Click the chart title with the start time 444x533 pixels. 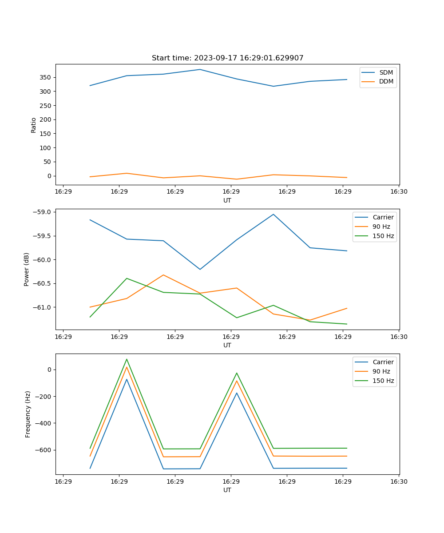[227, 58]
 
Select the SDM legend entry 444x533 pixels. [386, 72]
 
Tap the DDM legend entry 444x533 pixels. [386, 82]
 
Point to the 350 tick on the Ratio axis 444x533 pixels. [46, 77]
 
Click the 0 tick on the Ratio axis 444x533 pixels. [49, 176]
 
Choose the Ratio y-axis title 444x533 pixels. [34, 125]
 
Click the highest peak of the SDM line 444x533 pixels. [200, 69]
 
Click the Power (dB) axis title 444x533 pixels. [27, 269]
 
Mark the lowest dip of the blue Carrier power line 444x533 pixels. [200, 269]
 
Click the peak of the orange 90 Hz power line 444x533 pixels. [163, 275]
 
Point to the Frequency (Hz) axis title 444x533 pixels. [28, 414]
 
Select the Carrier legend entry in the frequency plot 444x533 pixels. [383, 362]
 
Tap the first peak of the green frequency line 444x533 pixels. [127, 359]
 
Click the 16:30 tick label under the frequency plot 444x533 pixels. [399, 481]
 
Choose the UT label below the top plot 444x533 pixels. [227, 200]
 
